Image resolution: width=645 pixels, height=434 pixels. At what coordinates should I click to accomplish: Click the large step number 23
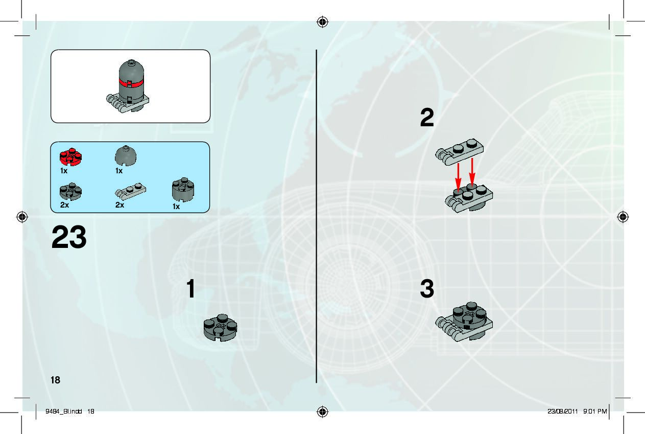(x=69, y=237)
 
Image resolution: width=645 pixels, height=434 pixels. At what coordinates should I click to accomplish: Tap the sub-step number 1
(x=191, y=288)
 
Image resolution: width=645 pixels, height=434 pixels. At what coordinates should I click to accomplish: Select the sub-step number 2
(x=427, y=117)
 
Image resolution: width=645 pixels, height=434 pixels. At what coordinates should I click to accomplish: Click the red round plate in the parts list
(x=70, y=157)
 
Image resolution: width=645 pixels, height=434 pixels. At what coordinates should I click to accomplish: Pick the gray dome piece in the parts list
(x=126, y=155)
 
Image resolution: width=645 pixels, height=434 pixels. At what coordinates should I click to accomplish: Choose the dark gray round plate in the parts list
(x=70, y=191)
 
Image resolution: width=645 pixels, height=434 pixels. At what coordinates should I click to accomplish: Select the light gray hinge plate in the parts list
(x=130, y=191)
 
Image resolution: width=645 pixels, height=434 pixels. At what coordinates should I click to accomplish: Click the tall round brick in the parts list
(x=183, y=190)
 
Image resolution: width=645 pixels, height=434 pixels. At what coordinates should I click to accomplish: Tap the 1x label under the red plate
(x=64, y=171)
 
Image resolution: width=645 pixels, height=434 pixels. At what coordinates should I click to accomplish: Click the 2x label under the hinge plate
(x=120, y=205)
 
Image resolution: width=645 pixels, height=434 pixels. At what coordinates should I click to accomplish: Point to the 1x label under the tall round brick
(x=176, y=207)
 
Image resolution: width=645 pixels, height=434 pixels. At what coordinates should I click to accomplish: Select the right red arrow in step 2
(x=472, y=172)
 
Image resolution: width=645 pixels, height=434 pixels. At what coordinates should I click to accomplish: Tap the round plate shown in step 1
(x=220, y=328)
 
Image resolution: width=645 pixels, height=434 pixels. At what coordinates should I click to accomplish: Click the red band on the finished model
(x=131, y=83)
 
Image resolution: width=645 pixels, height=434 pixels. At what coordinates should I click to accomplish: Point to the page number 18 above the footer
(x=55, y=380)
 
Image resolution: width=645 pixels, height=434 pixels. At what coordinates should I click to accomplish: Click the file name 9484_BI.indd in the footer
(x=64, y=411)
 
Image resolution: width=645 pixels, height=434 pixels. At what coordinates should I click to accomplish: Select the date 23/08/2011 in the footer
(x=563, y=411)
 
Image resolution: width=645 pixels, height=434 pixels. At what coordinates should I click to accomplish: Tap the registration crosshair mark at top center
(x=323, y=22)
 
